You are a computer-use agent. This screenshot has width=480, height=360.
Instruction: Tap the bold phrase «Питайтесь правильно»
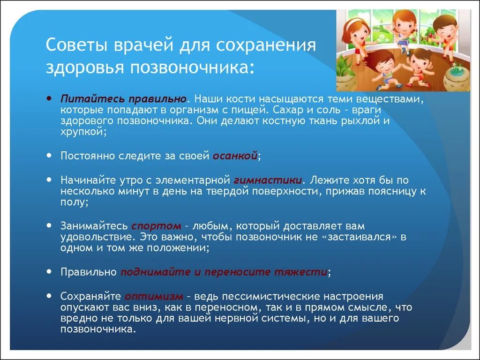[x=124, y=99]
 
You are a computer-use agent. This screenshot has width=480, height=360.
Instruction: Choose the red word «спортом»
[x=156, y=225]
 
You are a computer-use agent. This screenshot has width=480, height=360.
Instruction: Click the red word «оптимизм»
[x=153, y=296]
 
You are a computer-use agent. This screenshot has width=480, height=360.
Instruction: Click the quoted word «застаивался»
[x=360, y=236]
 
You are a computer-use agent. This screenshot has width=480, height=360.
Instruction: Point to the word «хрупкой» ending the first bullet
[x=82, y=132]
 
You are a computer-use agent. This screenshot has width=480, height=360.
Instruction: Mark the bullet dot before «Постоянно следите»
[x=50, y=155]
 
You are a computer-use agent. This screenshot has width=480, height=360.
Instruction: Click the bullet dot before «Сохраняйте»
[x=50, y=295]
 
